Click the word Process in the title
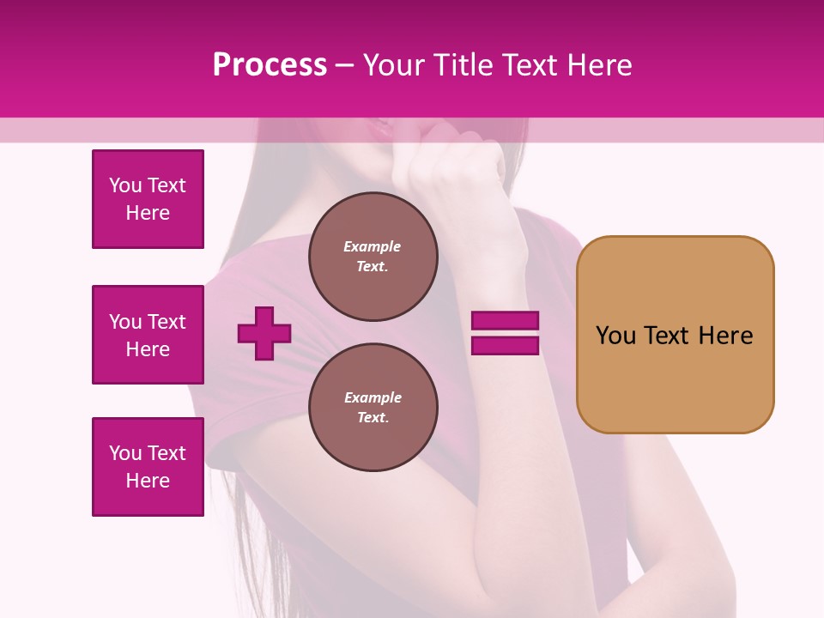[x=270, y=65]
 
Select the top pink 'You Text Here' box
[x=148, y=199]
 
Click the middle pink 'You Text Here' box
[x=148, y=335]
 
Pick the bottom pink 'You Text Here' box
[x=148, y=466]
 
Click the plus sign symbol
[x=264, y=333]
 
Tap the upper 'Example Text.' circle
[x=373, y=256]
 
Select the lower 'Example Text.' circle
[x=373, y=407]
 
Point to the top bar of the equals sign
[x=505, y=320]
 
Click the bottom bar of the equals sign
[x=505, y=346]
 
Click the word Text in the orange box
[x=668, y=335]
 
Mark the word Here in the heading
[x=600, y=65]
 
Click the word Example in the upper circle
[x=372, y=246]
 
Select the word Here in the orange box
[x=726, y=335]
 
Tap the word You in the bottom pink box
[x=124, y=452]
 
